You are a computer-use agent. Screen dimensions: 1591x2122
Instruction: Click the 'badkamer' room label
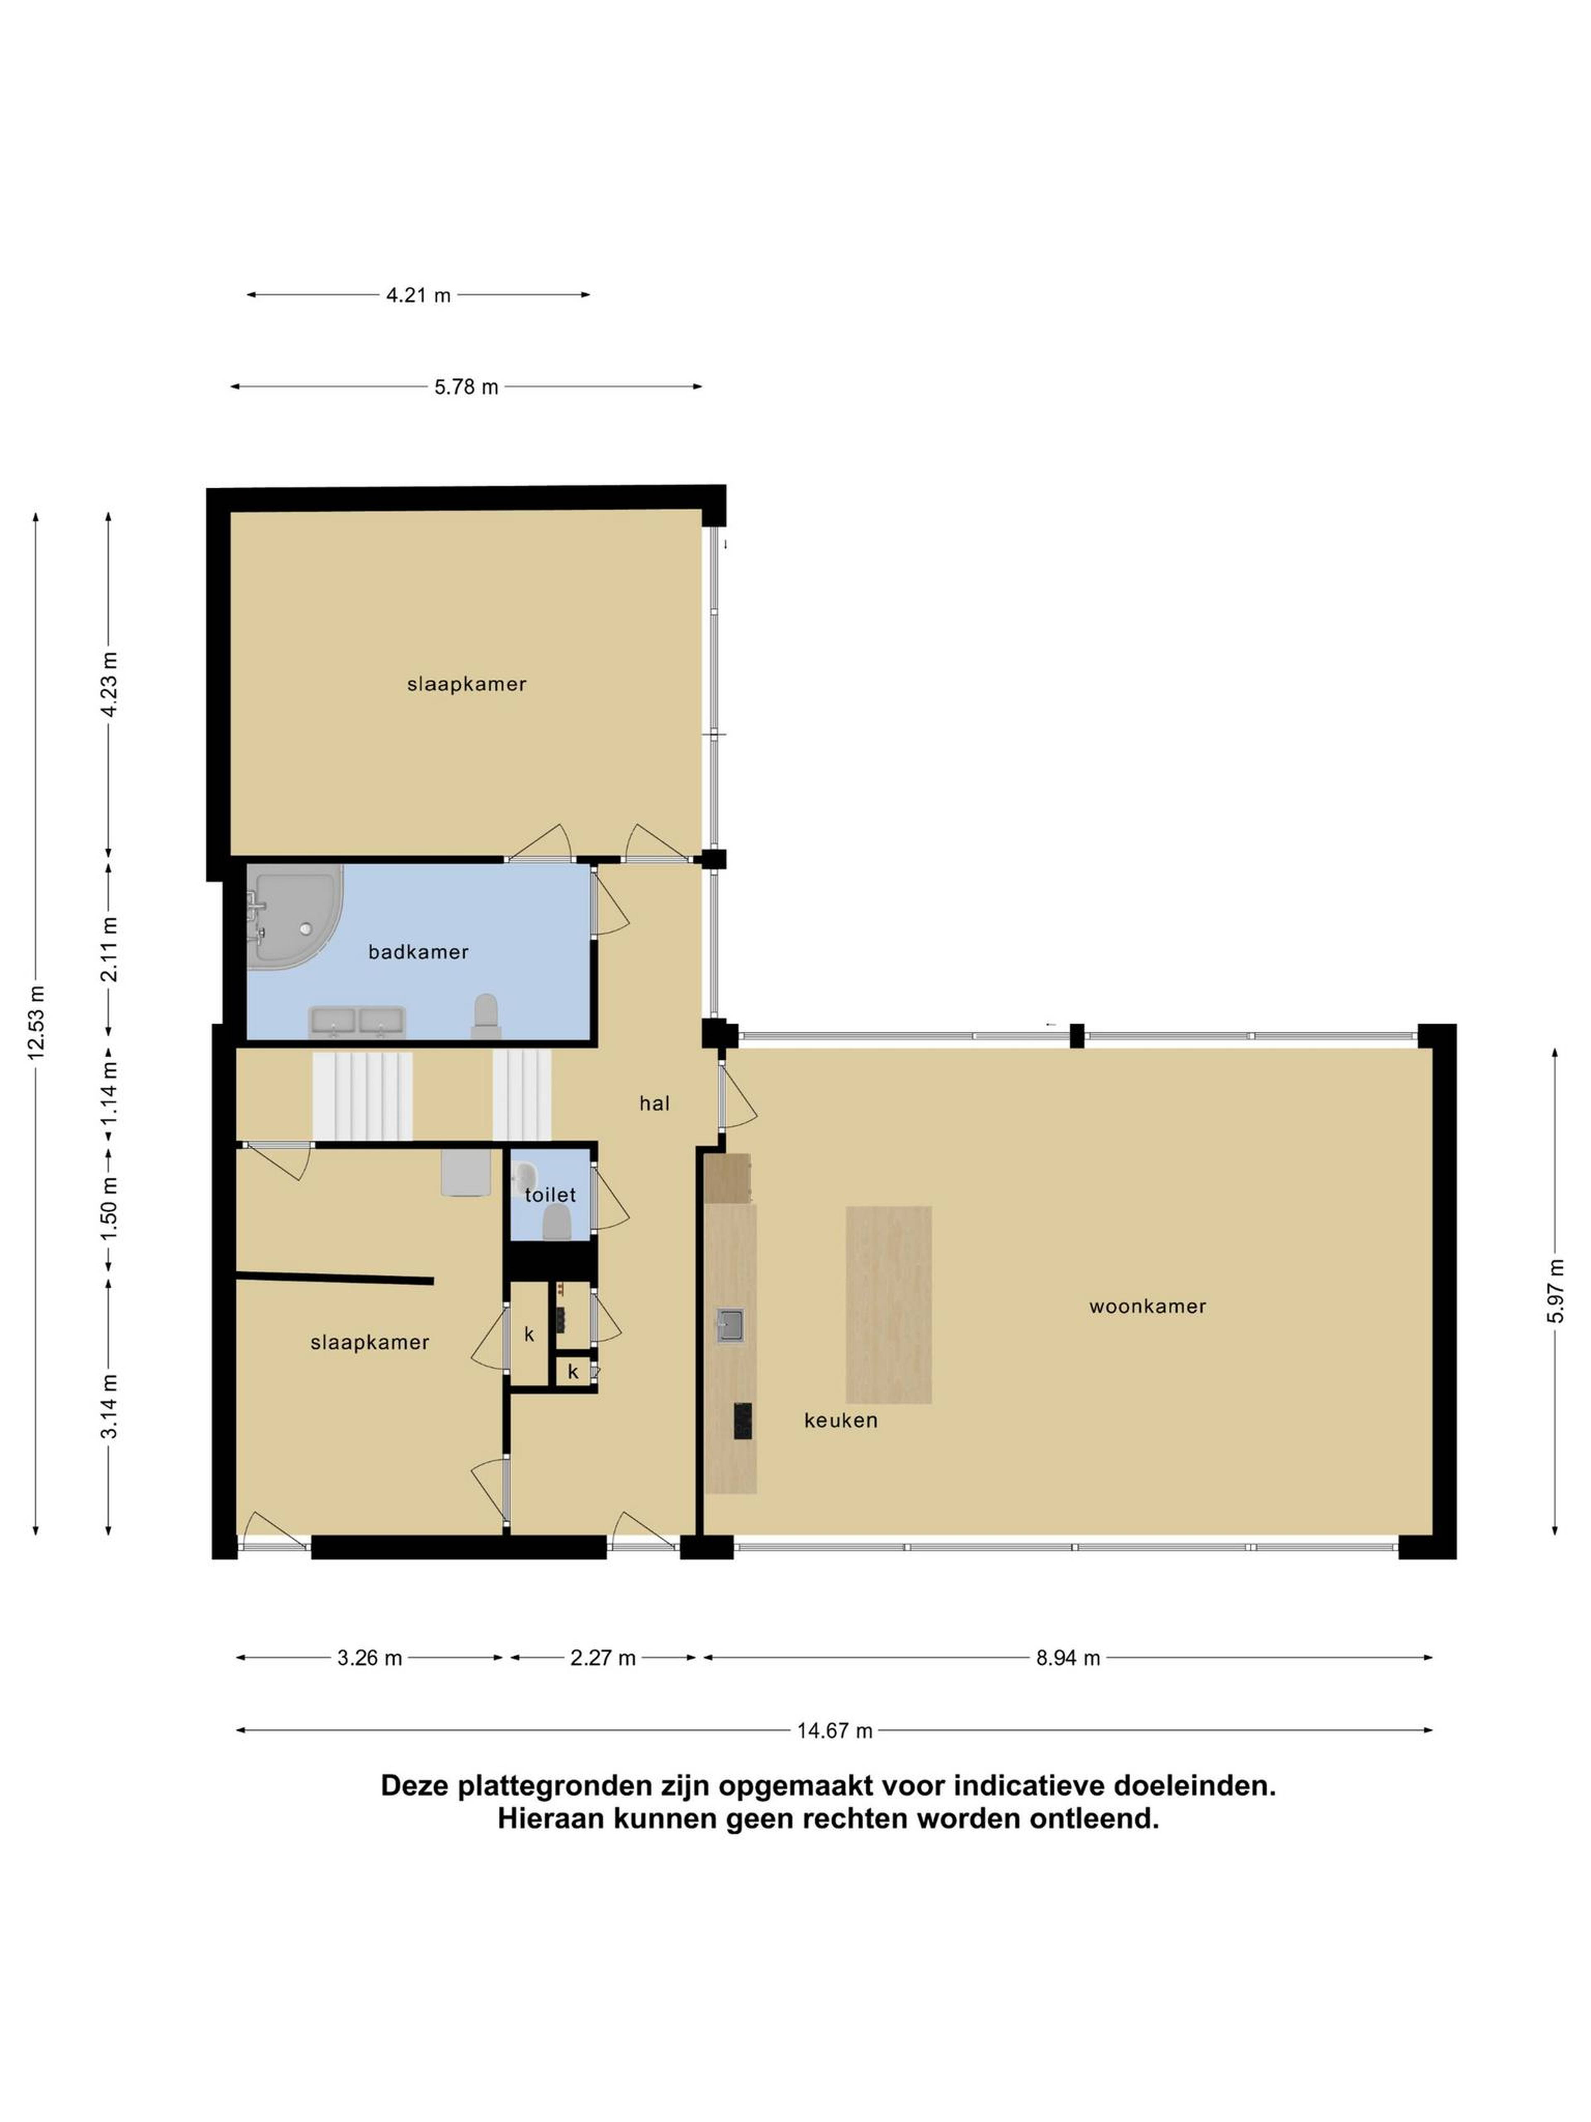[418, 952]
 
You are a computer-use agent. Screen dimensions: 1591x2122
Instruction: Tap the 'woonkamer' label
[1147, 1307]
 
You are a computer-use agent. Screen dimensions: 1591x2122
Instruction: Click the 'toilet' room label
[551, 1195]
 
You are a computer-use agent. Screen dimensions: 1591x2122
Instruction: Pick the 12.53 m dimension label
[36, 1022]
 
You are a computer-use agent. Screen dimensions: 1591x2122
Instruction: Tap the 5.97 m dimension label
[1555, 1291]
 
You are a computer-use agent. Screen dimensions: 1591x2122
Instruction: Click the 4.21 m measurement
[418, 296]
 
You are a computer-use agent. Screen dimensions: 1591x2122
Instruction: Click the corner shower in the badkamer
[295, 917]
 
